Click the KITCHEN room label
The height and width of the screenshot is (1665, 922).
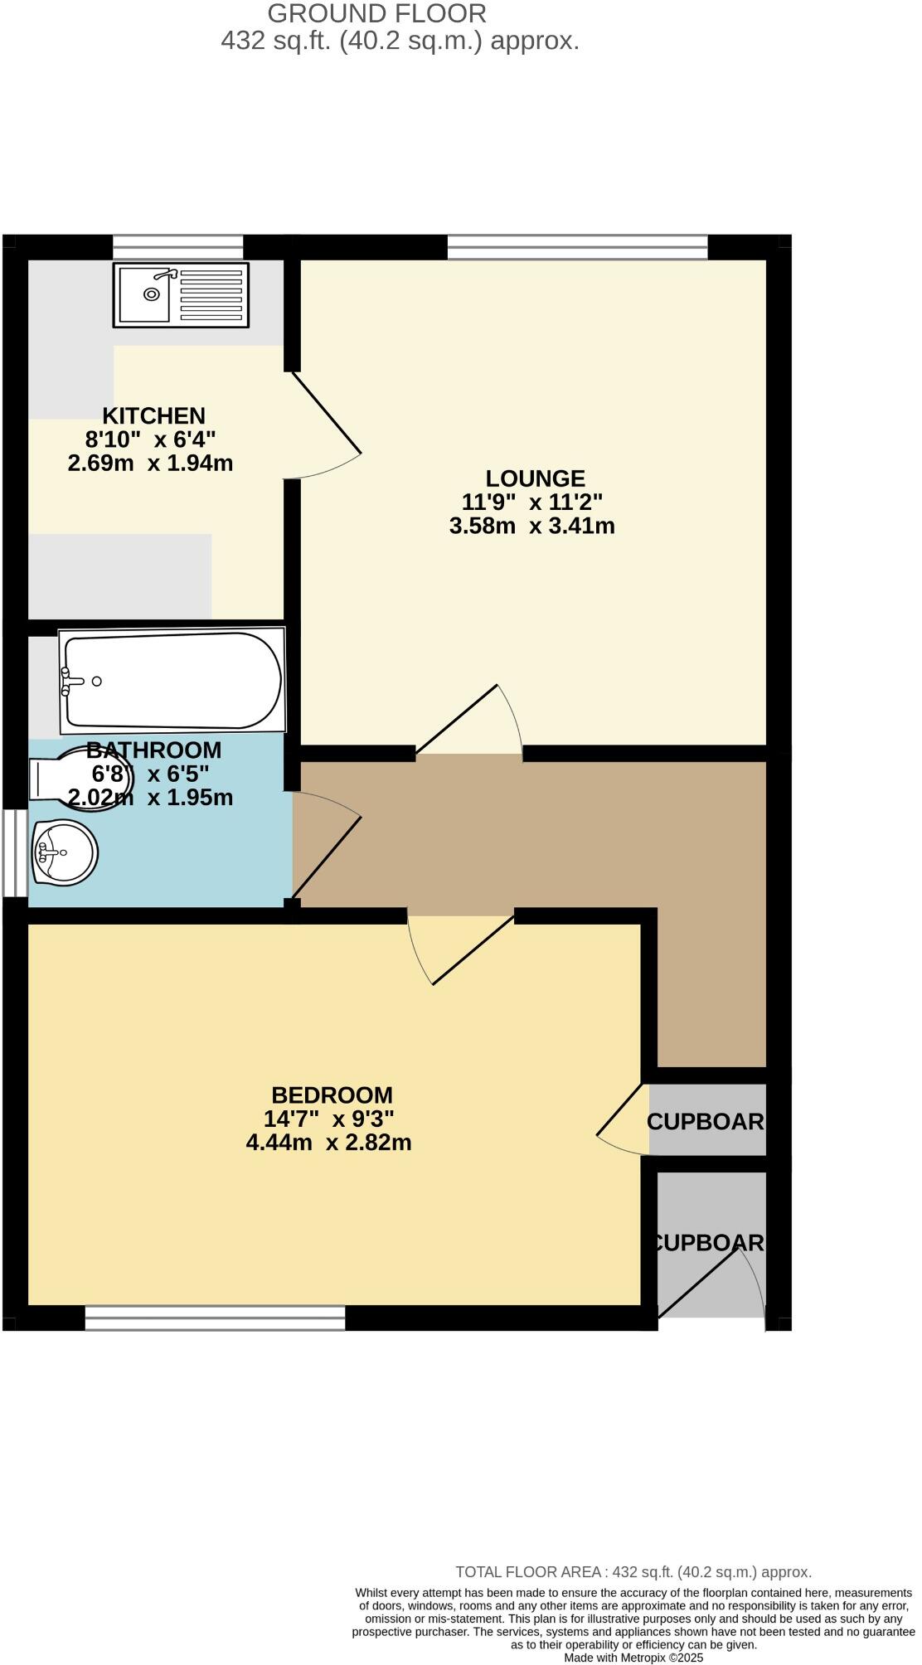click(x=153, y=415)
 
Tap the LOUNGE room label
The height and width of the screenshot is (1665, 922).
click(x=535, y=478)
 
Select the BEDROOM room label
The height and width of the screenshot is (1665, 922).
click(x=332, y=1095)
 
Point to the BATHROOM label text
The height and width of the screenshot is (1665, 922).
click(x=154, y=750)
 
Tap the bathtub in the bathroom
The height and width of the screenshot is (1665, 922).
click(x=172, y=681)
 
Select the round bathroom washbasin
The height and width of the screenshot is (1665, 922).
click(x=65, y=852)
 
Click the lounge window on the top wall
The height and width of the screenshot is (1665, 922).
click(x=577, y=247)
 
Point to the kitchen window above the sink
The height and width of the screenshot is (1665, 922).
click(x=177, y=247)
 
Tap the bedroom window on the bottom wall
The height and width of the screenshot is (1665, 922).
click(x=215, y=1318)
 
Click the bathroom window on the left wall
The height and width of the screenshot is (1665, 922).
click(x=15, y=852)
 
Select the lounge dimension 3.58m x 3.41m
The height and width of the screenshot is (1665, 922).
click(x=531, y=526)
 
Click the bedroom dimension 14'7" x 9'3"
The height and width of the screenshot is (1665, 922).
click(x=328, y=1119)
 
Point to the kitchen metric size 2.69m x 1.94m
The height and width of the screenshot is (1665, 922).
click(x=150, y=463)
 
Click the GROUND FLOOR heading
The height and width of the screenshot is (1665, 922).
click(x=376, y=13)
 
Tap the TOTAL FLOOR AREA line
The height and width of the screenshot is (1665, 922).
click(x=633, y=1571)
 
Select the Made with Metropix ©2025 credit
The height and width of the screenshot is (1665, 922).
click(x=633, y=1658)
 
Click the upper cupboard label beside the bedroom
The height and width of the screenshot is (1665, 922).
click(x=706, y=1121)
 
